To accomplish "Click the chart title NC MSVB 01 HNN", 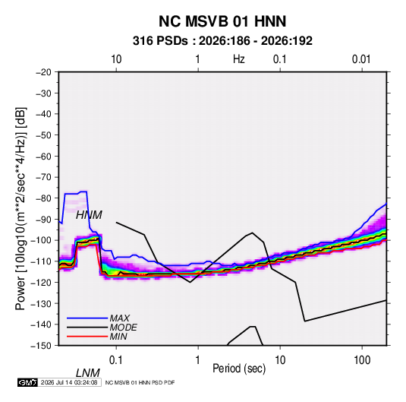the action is (222, 21).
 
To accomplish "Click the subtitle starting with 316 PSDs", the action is (222, 41).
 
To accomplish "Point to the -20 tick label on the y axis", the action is (43, 72).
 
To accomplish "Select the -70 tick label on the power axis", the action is (43, 177).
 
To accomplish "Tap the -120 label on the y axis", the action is (42, 283).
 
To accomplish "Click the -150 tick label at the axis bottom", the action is (42, 346).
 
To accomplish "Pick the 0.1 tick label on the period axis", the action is (115, 360).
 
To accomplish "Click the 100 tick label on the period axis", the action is (362, 360).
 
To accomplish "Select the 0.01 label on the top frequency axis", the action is (361, 59).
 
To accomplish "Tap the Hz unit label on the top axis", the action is (239, 59).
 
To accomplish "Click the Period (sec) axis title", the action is (239, 369).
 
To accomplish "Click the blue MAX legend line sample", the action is (87, 318).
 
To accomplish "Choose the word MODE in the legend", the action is (123, 328).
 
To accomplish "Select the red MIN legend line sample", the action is (87, 337).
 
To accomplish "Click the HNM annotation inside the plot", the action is (89, 215).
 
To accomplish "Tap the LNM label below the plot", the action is (88, 373).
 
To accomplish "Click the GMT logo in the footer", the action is (27, 382).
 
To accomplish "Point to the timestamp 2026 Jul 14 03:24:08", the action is (69, 382).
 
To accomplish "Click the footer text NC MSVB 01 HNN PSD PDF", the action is (140, 382).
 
